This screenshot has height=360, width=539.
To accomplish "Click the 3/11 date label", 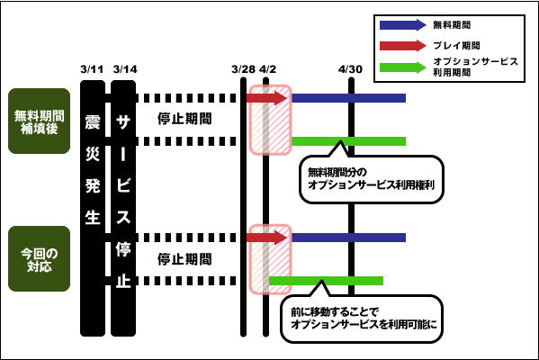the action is point(92,69).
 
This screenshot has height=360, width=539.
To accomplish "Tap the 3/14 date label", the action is point(125,69).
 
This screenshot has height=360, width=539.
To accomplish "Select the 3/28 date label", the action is point(243,69).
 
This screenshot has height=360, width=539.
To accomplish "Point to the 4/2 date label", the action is point(267,69).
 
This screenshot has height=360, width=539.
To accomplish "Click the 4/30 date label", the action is point(350,69).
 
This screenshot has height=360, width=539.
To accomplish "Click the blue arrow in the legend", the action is point(403,25).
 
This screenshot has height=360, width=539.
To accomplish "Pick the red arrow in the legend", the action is point(403,46).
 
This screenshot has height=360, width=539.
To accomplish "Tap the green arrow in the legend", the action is point(403,67).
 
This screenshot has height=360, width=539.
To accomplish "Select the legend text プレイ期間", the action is point(456,45).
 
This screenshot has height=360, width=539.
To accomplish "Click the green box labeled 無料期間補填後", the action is point(40,121).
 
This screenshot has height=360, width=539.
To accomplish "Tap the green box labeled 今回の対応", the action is point(40,258).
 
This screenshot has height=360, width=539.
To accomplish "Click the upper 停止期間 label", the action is point(184,119).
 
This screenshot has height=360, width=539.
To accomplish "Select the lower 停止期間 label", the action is point(184,259).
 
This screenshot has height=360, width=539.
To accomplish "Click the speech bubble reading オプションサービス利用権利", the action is point(372,179).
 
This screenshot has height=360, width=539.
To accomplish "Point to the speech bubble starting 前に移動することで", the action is point(362,319).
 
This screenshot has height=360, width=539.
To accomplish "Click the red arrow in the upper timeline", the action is point(266,98).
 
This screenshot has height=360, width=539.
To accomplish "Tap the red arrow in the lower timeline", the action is point(266,238).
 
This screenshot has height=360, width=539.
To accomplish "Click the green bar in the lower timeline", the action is point(326,281).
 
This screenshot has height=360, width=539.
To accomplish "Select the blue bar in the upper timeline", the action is point(348,98).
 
